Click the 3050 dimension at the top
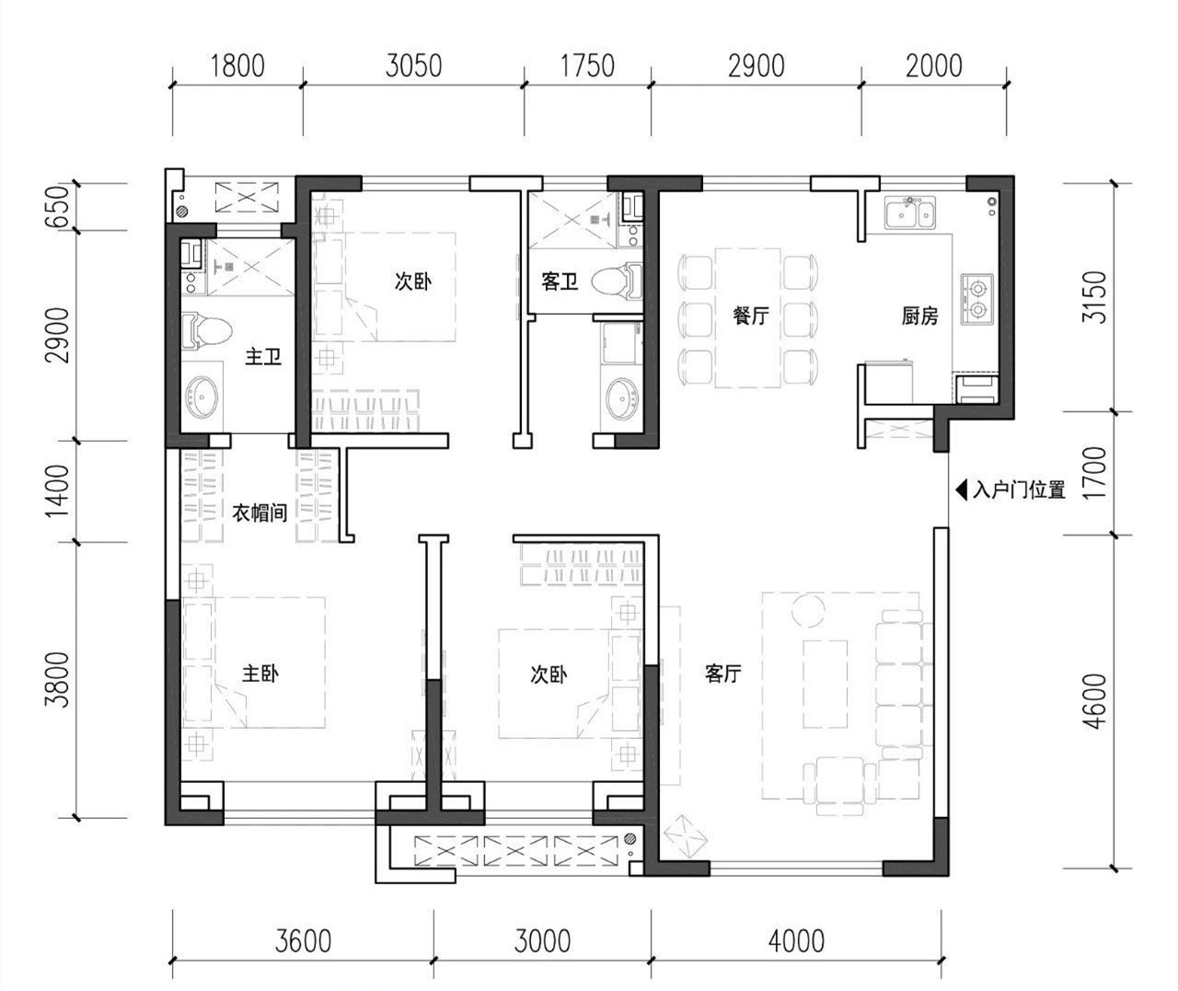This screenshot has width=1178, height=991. click(x=413, y=66)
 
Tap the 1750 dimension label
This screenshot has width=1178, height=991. click(x=587, y=66)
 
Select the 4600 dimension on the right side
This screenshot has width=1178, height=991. click(x=1095, y=701)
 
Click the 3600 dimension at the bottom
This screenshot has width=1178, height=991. click(x=303, y=941)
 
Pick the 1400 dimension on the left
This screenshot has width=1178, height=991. click(x=58, y=491)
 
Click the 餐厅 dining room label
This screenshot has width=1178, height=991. click(x=750, y=316)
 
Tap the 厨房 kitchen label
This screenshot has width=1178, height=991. click(x=919, y=316)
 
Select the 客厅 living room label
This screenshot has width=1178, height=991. click(x=722, y=674)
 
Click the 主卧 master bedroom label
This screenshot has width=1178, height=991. click(x=260, y=674)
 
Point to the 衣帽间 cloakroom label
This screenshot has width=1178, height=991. click(x=260, y=513)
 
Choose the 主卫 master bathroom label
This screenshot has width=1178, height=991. click(x=263, y=356)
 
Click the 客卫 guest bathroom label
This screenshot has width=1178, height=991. click(x=560, y=282)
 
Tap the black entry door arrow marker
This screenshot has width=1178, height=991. click(x=962, y=489)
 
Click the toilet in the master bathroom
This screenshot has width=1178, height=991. click(x=206, y=330)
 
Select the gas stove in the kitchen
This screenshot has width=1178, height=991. click(x=977, y=299)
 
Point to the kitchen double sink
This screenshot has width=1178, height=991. click(x=909, y=212)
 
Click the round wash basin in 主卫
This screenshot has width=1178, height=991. click(x=202, y=397)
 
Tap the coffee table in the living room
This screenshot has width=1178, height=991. click(x=826, y=684)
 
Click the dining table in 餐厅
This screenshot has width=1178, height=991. click(x=748, y=318)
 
